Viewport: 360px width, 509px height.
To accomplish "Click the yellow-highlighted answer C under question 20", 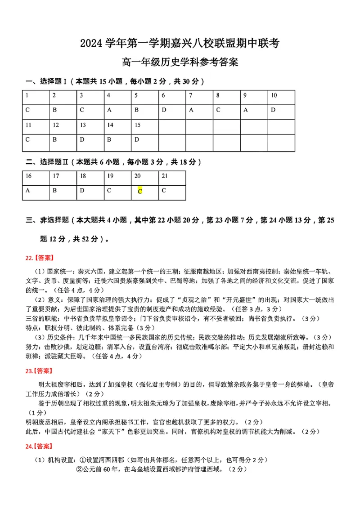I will (140, 191).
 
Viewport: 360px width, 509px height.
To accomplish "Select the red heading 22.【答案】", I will (39, 258).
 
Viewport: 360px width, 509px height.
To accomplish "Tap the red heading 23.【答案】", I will (39, 371).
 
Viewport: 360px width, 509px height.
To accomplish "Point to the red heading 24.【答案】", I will (39, 446).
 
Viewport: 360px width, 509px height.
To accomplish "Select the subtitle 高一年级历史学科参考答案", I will (180, 63).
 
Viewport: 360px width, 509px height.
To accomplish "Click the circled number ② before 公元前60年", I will (79, 469).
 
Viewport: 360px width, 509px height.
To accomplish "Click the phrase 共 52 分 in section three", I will (86, 239).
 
